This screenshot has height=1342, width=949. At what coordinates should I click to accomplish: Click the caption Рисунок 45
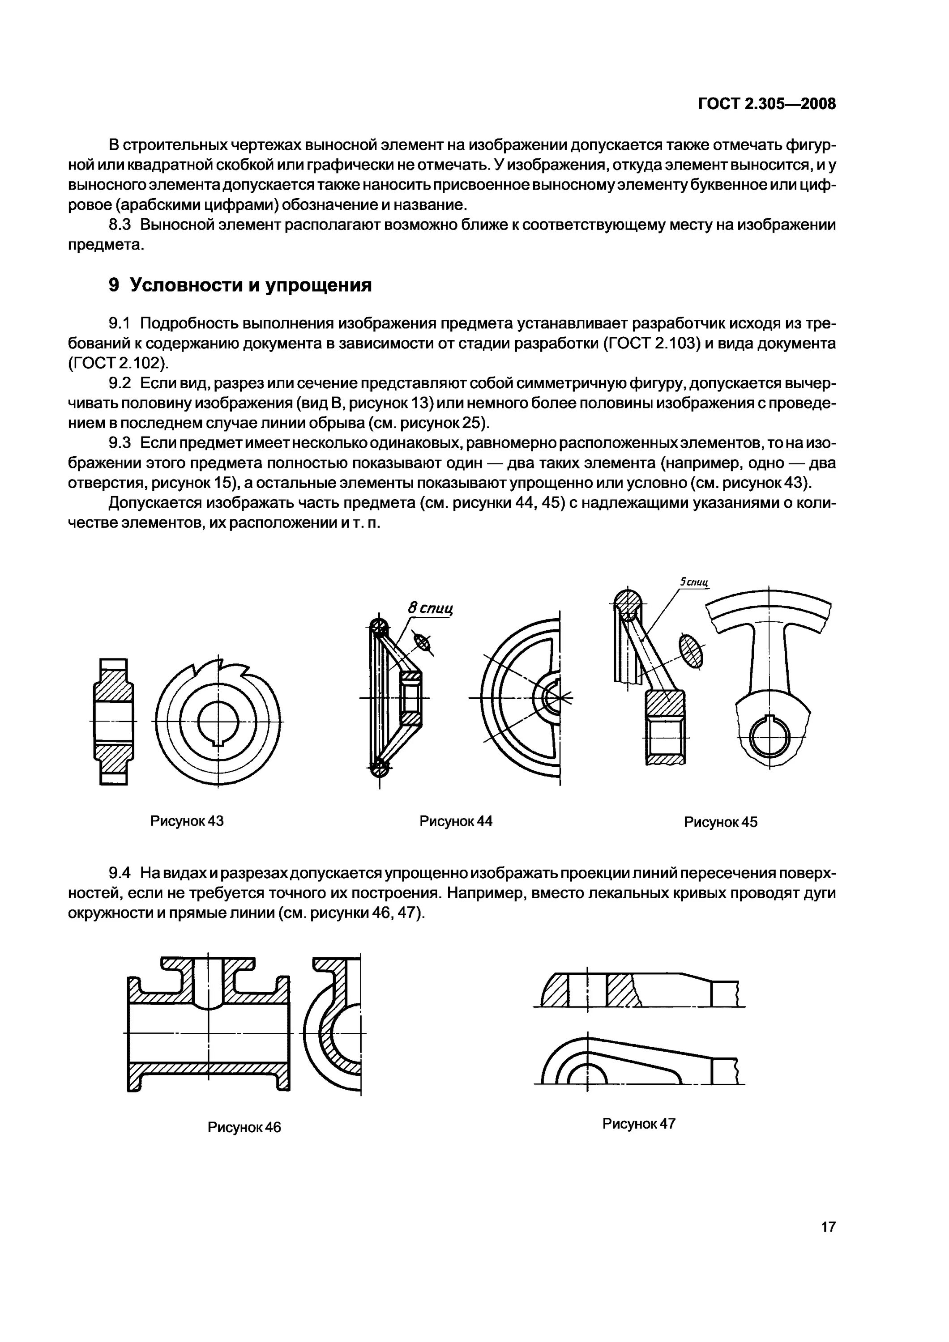coord(720,822)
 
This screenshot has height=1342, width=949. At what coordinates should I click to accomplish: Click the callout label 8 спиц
coord(431,608)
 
